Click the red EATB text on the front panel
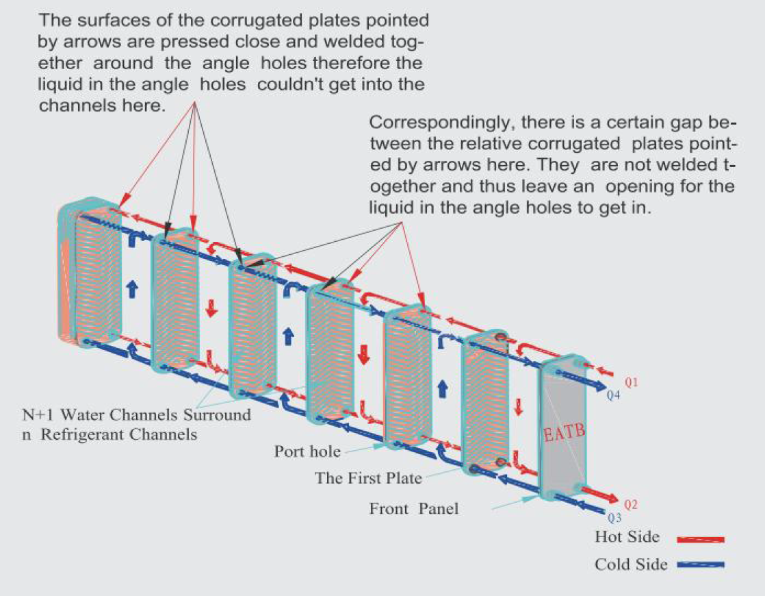(x=565, y=433)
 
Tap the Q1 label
(x=632, y=382)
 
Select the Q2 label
(x=631, y=505)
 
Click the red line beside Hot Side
(x=700, y=540)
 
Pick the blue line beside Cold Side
(x=700, y=565)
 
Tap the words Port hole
(x=306, y=451)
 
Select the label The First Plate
(x=368, y=477)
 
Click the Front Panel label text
(x=413, y=508)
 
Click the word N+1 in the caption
(x=36, y=414)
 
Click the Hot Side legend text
(x=627, y=537)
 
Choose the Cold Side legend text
(x=630, y=564)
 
